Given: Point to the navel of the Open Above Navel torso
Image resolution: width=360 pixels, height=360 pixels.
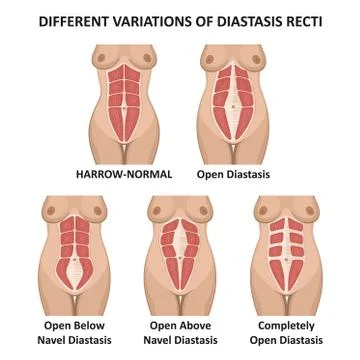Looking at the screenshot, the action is click(x=180, y=263).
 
